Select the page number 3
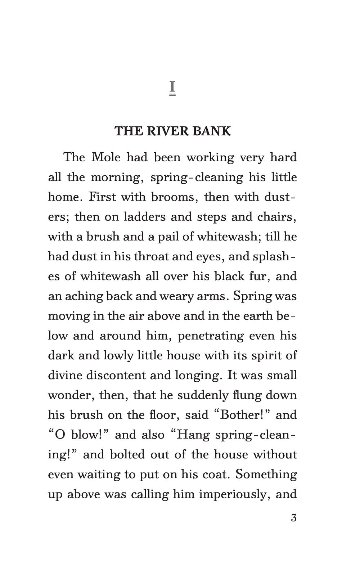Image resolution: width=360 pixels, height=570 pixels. pyautogui.click(x=293, y=519)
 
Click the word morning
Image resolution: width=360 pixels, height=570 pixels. pyautogui.click(x=117, y=178)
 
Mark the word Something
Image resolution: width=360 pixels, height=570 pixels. pyautogui.click(x=266, y=474)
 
